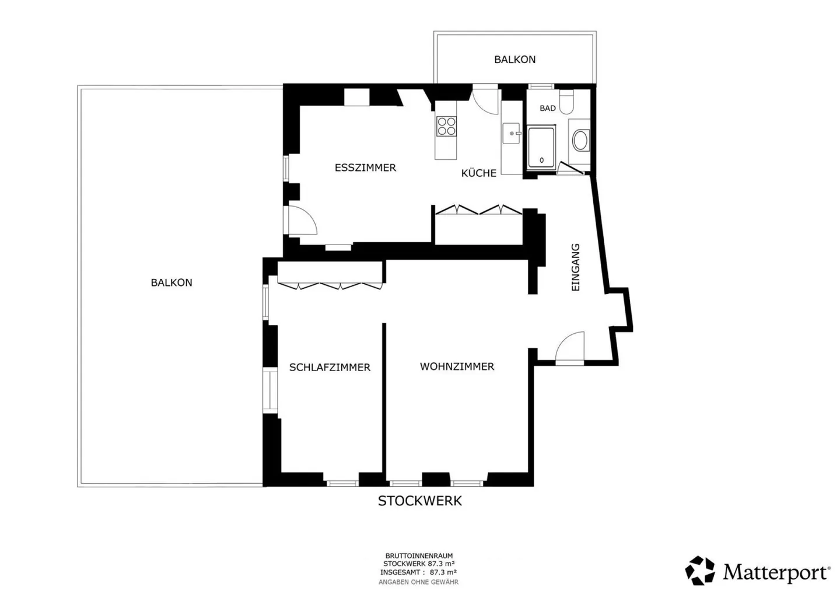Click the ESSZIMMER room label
click(x=365, y=167)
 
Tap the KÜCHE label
click(x=478, y=173)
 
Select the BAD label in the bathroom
click(x=548, y=109)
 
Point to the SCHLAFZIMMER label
click(x=330, y=367)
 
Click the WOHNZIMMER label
click(x=457, y=366)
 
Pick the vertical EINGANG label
click(x=575, y=267)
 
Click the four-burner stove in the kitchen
click(x=446, y=126)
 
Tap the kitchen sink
click(x=512, y=133)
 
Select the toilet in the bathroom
click(x=566, y=102)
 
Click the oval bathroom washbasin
click(x=580, y=140)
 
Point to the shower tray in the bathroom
click(x=541, y=148)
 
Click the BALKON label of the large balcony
click(x=171, y=282)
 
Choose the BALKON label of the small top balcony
click(x=514, y=60)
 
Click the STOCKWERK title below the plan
click(x=419, y=501)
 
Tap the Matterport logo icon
click(x=700, y=571)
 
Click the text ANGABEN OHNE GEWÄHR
click(x=418, y=582)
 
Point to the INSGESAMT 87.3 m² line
click(x=418, y=572)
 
